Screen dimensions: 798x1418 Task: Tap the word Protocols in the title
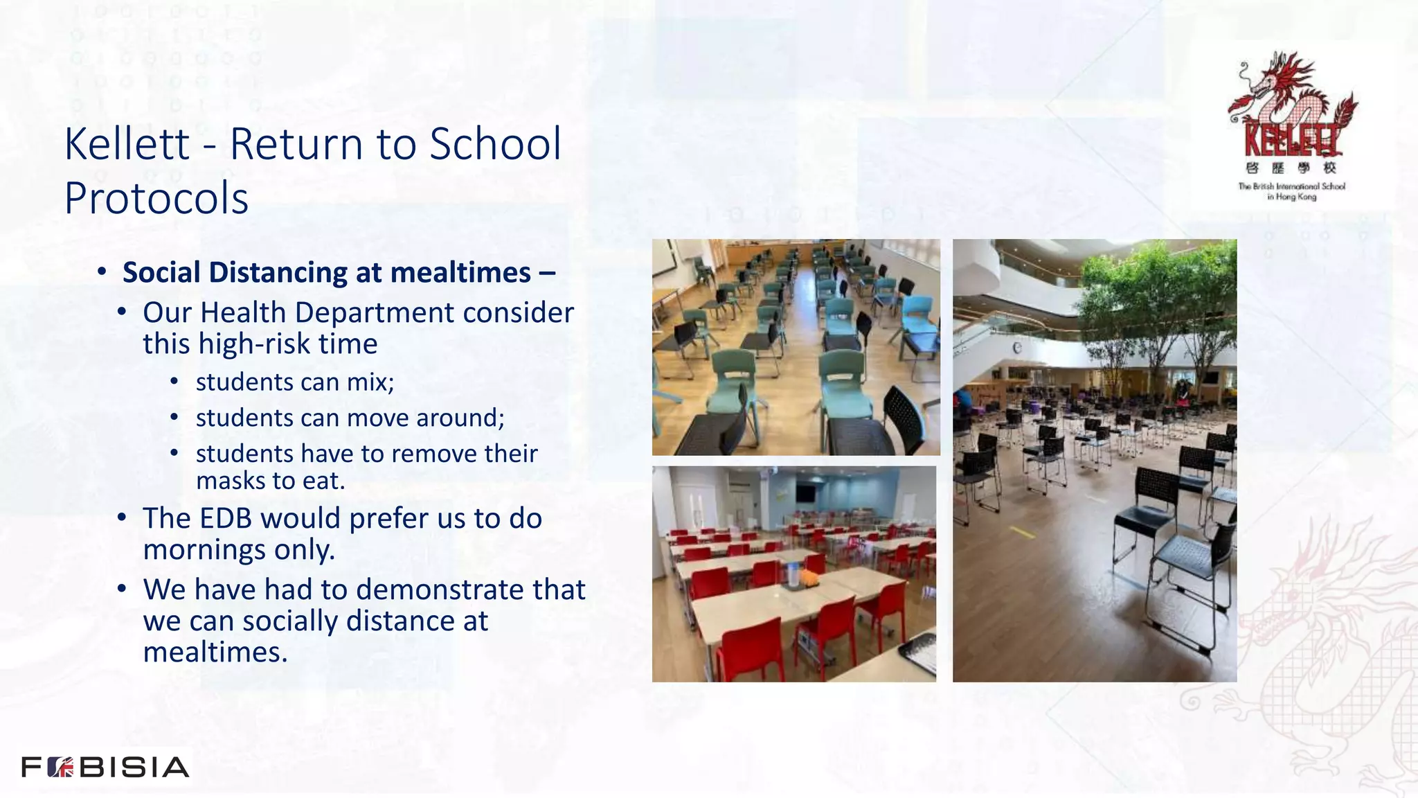(156, 199)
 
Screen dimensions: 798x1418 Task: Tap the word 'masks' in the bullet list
(226, 481)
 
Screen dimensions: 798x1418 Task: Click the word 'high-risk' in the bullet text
(260, 344)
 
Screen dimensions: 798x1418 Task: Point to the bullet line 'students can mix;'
(295, 382)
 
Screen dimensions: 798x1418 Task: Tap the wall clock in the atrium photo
(1017, 348)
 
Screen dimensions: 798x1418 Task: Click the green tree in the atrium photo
(1156, 298)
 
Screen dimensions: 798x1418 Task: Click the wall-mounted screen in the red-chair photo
(805, 493)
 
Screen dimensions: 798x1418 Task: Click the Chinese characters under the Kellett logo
(1291, 168)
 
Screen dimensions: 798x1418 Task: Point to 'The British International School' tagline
(1291, 186)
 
